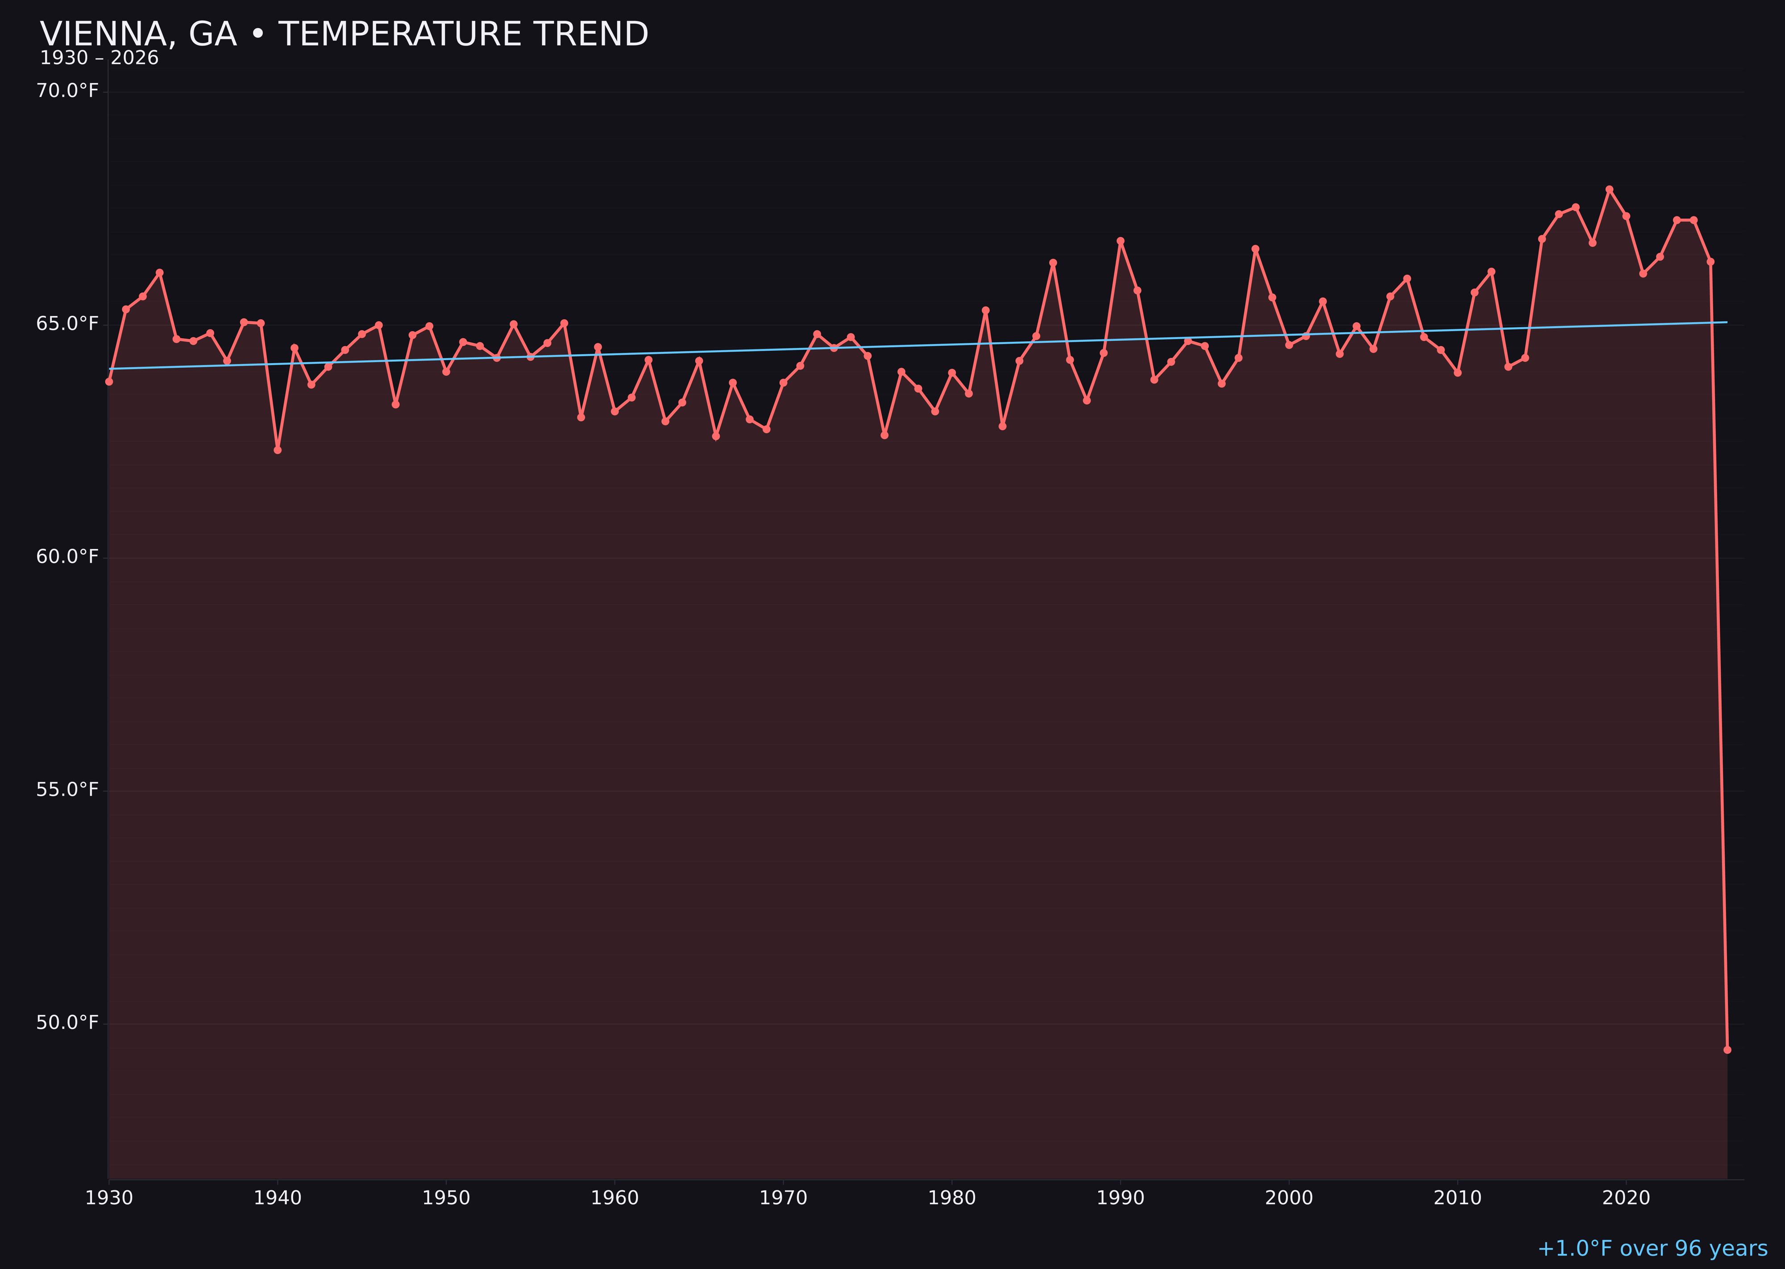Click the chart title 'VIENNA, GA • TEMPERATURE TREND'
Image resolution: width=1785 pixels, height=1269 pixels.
[x=344, y=34]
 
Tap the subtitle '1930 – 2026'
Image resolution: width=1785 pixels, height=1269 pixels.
[x=99, y=58]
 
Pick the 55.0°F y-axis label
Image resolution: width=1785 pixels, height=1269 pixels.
[x=67, y=790]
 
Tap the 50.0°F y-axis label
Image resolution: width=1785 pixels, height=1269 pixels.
[x=67, y=1023]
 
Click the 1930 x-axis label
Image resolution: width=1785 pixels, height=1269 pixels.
[x=108, y=1198]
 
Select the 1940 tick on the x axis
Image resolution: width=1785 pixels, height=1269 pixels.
[x=278, y=1198]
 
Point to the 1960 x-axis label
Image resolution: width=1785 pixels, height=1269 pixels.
[x=614, y=1198]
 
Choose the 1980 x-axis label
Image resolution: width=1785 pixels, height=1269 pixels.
[x=952, y=1198]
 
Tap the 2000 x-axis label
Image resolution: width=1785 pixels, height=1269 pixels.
[x=1289, y=1198]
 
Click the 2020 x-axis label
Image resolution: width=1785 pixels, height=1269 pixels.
[x=1626, y=1198]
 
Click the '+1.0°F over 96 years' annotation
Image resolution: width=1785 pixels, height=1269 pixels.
[x=1652, y=1248]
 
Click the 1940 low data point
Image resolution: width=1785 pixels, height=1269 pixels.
[x=278, y=450]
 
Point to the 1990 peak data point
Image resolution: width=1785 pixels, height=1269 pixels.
[x=1121, y=241]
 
